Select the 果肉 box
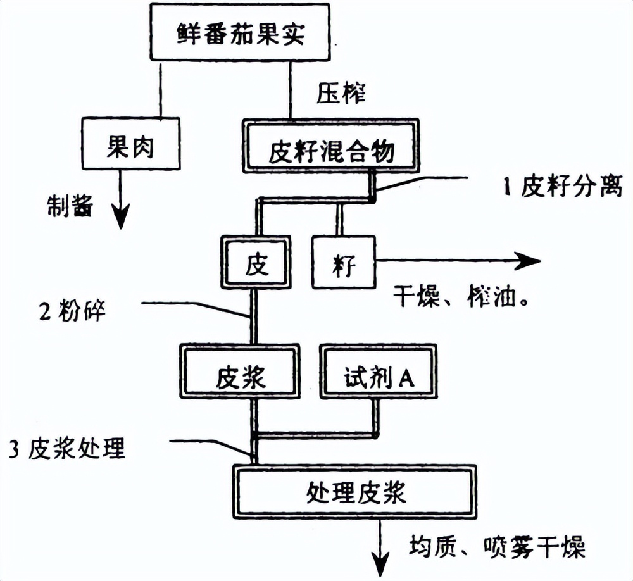pyautogui.click(x=130, y=146)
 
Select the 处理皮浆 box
pyautogui.click(x=355, y=492)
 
